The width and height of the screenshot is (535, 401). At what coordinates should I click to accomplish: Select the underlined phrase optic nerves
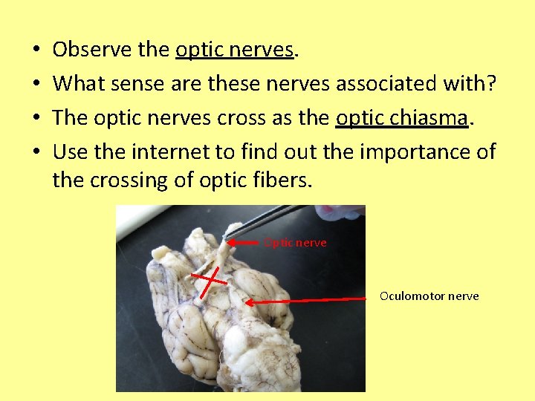point(235,50)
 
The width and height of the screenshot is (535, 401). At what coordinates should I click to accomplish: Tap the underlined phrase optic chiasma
point(403,118)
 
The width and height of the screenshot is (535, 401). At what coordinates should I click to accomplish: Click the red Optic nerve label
point(296,243)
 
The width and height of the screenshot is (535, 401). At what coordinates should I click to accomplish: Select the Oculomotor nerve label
point(429,296)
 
